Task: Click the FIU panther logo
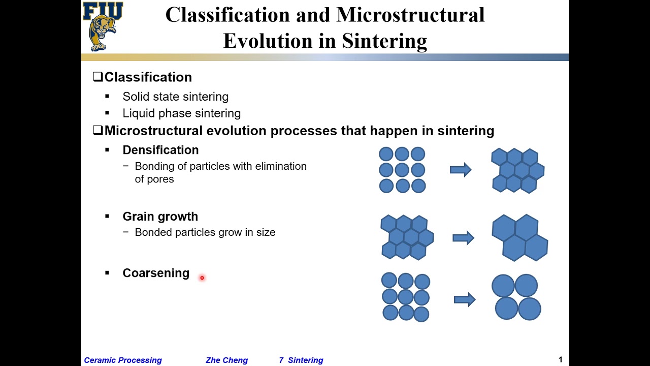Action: (x=103, y=26)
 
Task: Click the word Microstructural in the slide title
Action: (x=410, y=15)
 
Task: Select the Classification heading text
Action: (x=148, y=77)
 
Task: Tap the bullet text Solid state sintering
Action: (x=175, y=97)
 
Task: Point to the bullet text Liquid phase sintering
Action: (x=181, y=113)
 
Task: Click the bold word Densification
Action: (x=160, y=150)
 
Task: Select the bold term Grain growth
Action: (x=160, y=217)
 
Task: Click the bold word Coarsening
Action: (x=155, y=273)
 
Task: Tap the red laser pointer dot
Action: (x=202, y=278)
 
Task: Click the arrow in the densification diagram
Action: (x=461, y=170)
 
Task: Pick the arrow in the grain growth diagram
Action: (x=463, y=237)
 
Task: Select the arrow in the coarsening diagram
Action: (x=464, y=299)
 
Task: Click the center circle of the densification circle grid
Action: (x=402, y=170)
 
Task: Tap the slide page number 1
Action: (x=561, y=359)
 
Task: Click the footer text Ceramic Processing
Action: (x=123, y=360)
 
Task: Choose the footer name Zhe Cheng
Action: (x=226, y=360)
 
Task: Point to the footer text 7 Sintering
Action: (x=301, y=360)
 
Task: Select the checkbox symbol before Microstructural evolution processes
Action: (x=98, y=131)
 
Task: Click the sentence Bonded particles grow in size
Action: (x=205, y=232)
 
